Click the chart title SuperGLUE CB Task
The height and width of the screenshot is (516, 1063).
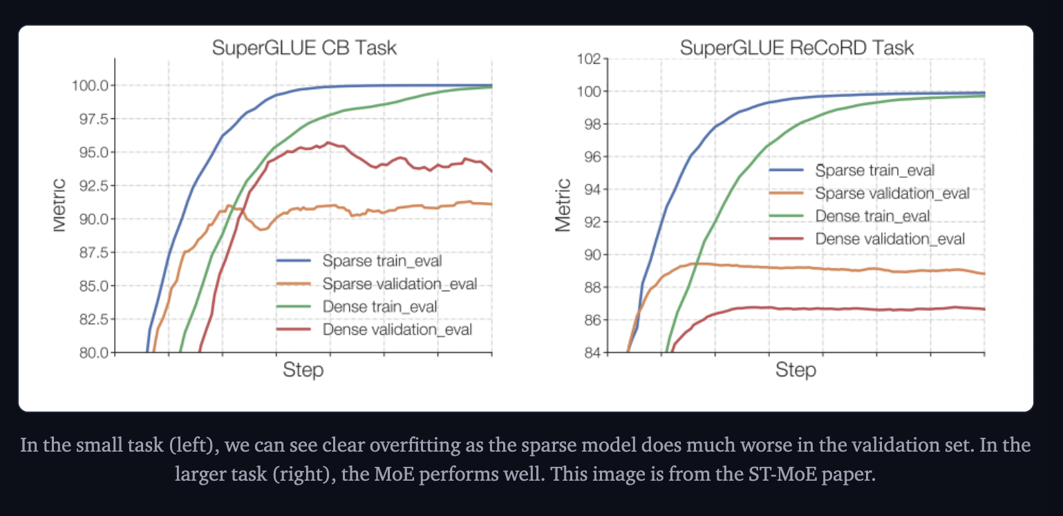click(x=304, y=48)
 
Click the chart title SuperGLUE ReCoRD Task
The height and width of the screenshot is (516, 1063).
click(x=796, y=48)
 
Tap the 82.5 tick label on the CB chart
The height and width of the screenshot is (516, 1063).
click(x=92, y=319)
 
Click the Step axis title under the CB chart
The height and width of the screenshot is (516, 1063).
click(x=303, y=370)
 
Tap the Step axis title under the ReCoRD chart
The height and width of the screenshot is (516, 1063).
click(x=796, y=370)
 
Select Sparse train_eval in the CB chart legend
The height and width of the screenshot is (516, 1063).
click(x=382, y=261)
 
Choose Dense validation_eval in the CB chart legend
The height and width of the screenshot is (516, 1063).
click(x=397, y=329)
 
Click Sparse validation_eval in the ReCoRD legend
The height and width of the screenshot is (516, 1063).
click(x=892, y=194)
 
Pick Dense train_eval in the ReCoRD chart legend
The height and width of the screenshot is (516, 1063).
click(x=872, y=216)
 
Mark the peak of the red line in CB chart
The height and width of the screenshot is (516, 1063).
click(x=328, y=142)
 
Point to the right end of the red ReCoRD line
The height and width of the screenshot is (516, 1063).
click(x=984, y=309)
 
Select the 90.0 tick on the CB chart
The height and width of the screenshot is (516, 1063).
click(x=92, y=219)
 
